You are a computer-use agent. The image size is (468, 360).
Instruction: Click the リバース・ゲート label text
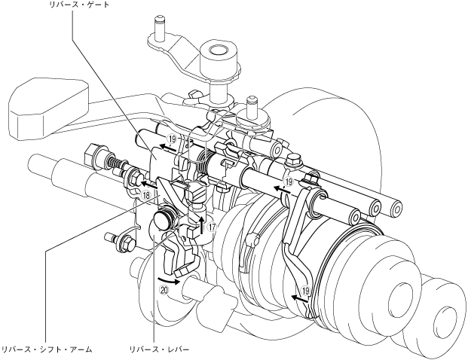click(x=79, y=5)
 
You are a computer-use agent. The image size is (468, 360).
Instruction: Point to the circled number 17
click(x=212, y=227)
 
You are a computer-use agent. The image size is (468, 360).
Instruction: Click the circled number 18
click(x=146, y=195)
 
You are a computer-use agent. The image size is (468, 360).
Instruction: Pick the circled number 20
click(x=164, y=290)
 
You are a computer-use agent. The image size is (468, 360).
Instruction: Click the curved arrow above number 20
click(x=169, y=280)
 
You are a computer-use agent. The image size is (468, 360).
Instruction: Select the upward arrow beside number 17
click(x=203, y=225)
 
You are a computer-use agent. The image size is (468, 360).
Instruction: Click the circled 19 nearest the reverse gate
click(x=172, y=139)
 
